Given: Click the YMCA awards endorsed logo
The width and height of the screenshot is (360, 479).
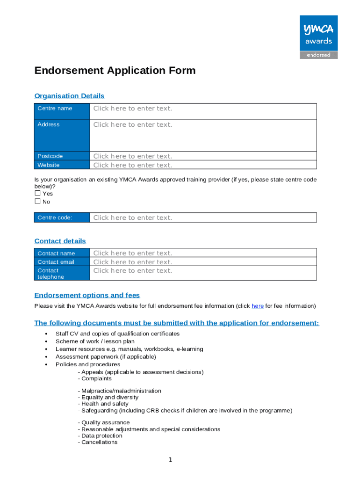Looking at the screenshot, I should point(318,37).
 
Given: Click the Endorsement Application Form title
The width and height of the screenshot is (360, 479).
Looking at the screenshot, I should point(115,71).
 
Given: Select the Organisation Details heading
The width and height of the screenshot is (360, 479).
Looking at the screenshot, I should point(69,96).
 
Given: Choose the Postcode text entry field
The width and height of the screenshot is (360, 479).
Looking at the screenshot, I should point(202,156).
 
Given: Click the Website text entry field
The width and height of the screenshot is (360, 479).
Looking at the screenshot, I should point(202,165).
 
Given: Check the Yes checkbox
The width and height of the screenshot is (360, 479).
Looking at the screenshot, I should point(38,194).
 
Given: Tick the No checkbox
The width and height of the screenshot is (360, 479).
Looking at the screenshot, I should point(38,202).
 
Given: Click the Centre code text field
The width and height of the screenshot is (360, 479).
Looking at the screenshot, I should point(202,218).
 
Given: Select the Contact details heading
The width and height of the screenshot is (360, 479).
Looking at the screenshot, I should point(60,241).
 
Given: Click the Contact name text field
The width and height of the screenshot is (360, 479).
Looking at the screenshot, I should point(202,253).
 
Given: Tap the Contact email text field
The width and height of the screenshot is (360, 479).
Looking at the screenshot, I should point(202,262).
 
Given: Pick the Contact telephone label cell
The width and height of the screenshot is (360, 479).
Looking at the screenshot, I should point(62,274).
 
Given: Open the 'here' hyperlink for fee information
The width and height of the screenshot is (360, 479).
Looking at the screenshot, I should point(257,306).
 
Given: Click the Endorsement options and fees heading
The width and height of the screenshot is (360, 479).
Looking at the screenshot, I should point(87,295).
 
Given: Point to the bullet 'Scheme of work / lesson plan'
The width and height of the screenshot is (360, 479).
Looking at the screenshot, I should point(95,341).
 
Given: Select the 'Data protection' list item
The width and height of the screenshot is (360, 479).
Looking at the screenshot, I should point(101,435).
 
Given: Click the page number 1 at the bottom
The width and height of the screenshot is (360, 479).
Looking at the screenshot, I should point(171,460).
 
